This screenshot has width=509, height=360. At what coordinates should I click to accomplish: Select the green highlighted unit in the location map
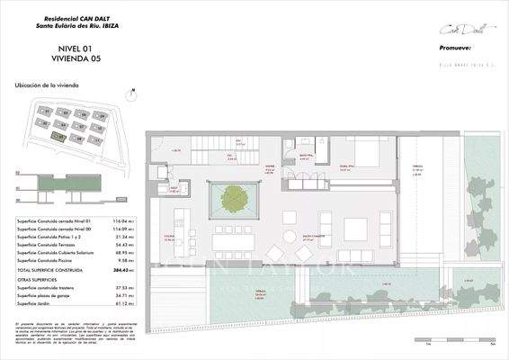pyautogui.click(x=59, y=137)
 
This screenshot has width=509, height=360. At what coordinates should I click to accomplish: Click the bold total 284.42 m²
pyautogui.click(x=112, y=271)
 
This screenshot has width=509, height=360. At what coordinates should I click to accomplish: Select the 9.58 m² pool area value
pyautogui.click(x=114, y=263)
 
